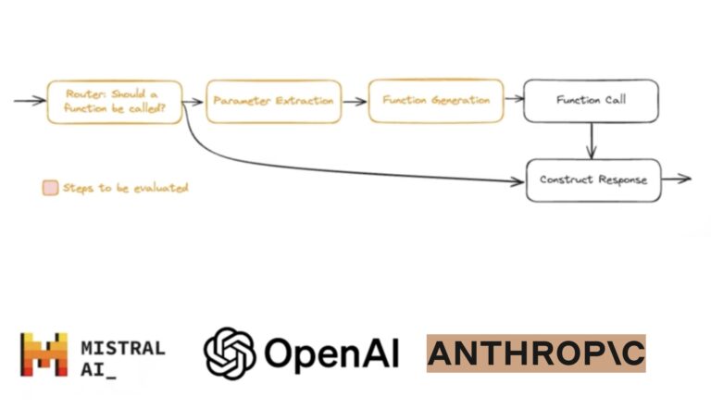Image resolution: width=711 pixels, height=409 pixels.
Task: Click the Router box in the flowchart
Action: [x=114, y=101]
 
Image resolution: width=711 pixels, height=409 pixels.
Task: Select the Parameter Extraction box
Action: [x=273, y=101]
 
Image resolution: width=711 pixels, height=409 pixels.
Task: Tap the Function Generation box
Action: [x=435, y=101]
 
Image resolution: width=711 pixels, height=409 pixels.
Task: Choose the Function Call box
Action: [x=591, y=101]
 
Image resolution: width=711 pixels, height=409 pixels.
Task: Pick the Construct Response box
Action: [x=593, y=180]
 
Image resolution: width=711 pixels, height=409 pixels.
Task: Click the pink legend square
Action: [x=50, y=188]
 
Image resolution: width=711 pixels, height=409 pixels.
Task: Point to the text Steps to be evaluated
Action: [x=125, y=188]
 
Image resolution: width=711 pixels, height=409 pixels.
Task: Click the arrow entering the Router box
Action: [x=30, y=100]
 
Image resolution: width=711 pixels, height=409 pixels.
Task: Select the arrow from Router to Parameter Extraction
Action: [x=193, y=101]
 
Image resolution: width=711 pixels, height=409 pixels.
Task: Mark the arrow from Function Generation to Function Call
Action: [x=513, y=101]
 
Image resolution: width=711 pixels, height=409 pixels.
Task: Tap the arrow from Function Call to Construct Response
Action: [x=592, y=140]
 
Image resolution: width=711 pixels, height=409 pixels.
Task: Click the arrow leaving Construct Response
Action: [x=677, y=179]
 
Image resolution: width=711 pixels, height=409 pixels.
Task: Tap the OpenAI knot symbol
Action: [x=229, y=353]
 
